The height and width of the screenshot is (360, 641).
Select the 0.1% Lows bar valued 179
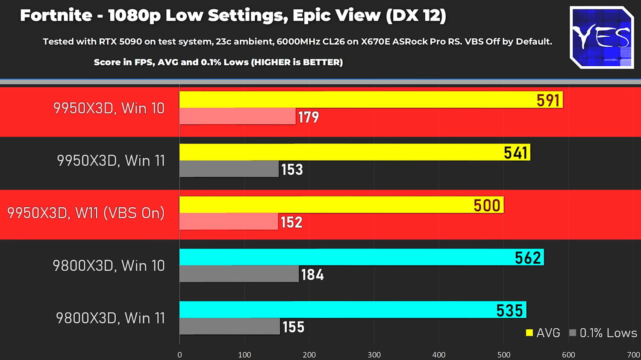(x=237, y=116)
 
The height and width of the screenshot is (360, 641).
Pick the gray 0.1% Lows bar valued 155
(x=229, y=326)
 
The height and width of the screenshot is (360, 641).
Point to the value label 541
(x=516, y=152)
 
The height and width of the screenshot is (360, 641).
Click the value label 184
(x=312, y=275)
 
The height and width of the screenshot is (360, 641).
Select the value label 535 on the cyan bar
(x=509, y=310)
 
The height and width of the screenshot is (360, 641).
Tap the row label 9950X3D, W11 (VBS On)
(x=86, y=213)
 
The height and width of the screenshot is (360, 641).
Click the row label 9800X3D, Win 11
(x=110, y=318)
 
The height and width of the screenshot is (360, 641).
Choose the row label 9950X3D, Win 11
(x=111, y=161)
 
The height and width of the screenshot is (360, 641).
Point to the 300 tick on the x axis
(x=374, y=355)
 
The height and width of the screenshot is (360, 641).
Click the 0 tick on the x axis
(x=179, y=355)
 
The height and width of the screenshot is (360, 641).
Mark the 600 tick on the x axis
(x=568, y=355)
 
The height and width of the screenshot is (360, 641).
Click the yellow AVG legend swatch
(x=529, y=333)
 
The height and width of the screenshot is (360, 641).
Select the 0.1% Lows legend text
(x=608, y=333)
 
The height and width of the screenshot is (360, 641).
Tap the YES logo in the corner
(x=602, y=38)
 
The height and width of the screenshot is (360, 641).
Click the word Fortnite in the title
(x=56, y=16)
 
